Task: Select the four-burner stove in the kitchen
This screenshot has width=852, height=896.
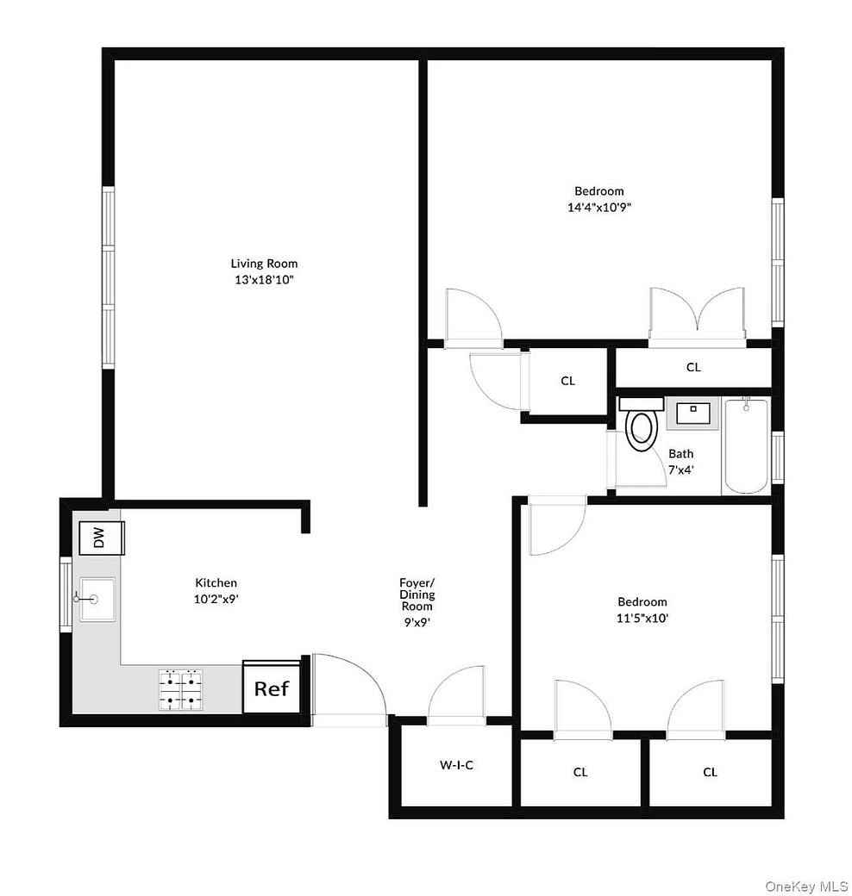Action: point(181,689)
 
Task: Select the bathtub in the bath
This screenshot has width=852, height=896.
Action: point(745,445)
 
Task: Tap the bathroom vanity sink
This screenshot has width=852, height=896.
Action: point(692,414)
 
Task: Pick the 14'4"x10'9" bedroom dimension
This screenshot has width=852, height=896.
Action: point(598,207)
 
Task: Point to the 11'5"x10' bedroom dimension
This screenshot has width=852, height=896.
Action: point(642,617)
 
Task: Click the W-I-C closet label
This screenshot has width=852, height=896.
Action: point(456,764)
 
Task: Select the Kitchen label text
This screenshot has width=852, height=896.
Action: point(216,582)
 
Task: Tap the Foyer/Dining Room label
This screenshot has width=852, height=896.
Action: point(417,594)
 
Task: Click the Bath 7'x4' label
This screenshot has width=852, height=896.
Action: point(680,462)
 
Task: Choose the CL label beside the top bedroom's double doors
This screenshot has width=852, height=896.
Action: point(693,367)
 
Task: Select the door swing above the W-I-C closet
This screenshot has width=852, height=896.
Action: point(457,694)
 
